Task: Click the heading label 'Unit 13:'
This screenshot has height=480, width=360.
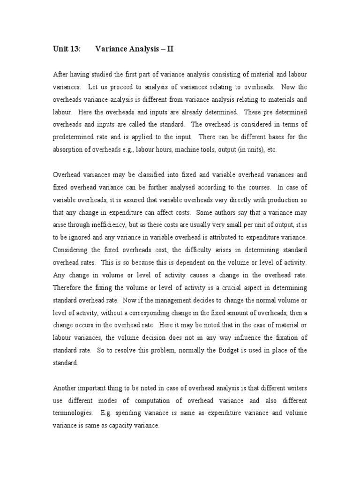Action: [x=67, y=48]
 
